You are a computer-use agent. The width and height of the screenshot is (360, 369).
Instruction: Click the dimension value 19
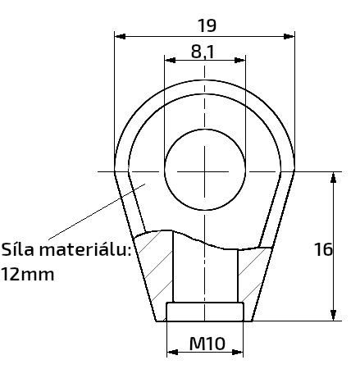207,25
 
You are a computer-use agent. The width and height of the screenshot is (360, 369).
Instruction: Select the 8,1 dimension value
203,52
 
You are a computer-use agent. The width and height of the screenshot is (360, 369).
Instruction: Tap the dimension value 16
323,249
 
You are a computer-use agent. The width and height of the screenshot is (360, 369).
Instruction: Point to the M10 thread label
207,344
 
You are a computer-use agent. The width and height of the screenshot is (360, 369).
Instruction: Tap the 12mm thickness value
27,275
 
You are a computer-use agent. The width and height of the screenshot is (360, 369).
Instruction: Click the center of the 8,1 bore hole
205,171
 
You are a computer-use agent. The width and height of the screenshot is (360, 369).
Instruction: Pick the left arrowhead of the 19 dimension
121,36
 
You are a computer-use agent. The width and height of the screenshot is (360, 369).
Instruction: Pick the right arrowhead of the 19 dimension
289,36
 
